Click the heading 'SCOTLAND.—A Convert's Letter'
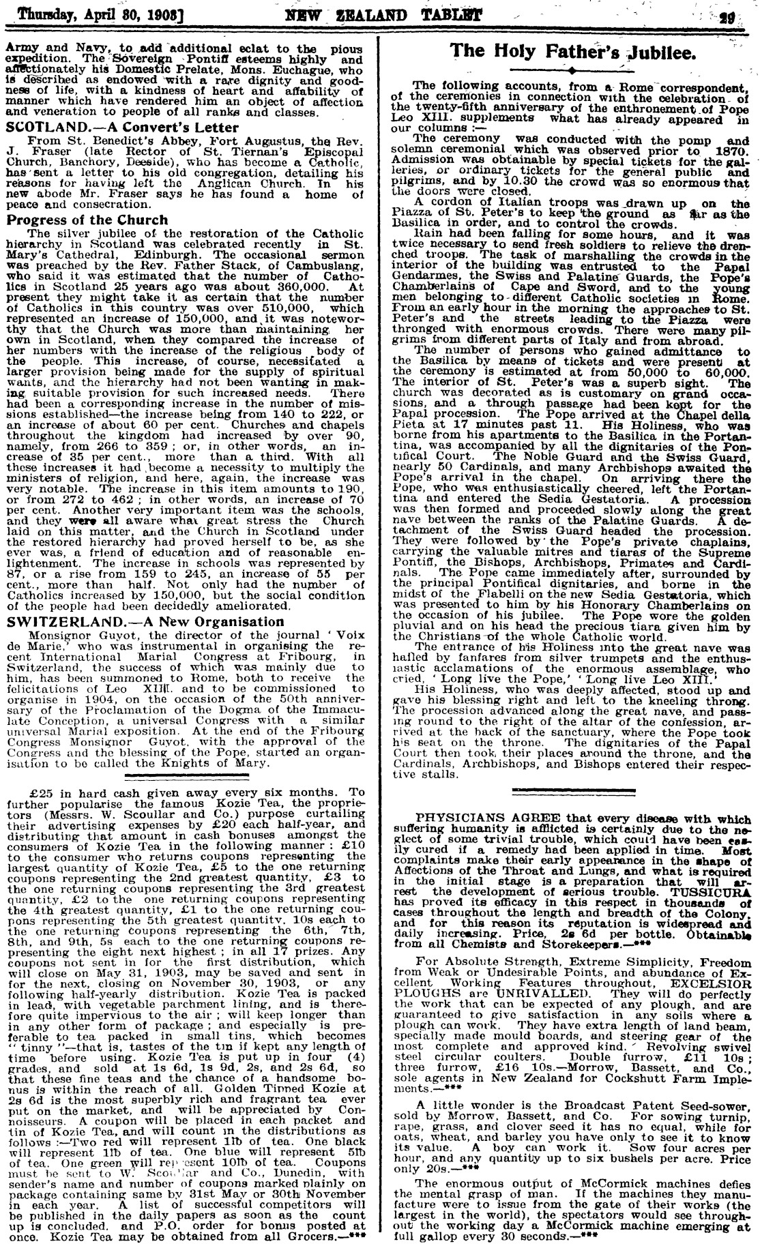point(123,128)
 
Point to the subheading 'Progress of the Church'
point(87,220)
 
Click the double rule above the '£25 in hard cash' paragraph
point(185,776)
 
